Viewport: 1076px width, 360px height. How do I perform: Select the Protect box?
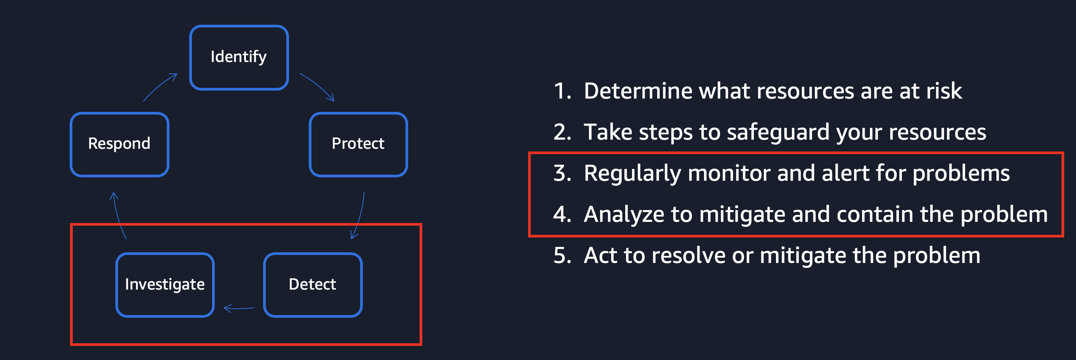point(358,144)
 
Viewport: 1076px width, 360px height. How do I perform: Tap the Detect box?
point(313,284)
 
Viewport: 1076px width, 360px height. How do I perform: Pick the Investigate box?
point(165,284)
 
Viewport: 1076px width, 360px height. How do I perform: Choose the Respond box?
point(120,144)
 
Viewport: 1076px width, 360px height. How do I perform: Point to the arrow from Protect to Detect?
point(359,215)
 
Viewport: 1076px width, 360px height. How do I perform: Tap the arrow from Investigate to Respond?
point(118,215)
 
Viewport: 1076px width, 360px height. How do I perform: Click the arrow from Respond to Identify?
point(160,86)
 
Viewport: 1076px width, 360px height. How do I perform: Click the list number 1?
point(561,91)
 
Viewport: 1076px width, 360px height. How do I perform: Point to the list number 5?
point(561,255)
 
